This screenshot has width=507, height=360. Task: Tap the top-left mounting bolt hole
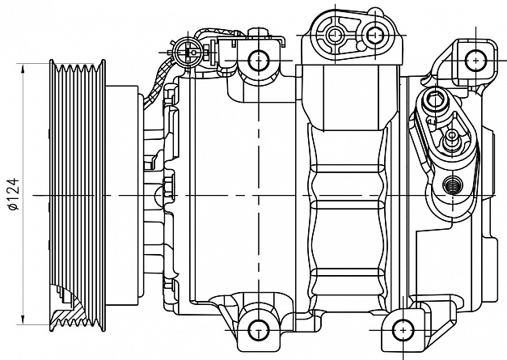tap(258, 59)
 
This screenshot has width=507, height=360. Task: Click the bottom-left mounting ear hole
tap(258, 328)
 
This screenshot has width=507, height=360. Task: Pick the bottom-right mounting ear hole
tap(403, 329)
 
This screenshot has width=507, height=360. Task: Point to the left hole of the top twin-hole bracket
tap(335, 34)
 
